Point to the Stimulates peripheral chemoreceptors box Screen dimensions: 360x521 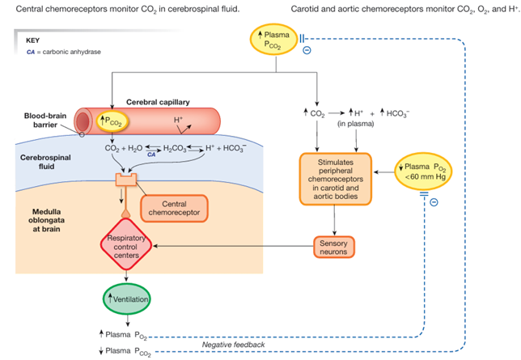(335, 176)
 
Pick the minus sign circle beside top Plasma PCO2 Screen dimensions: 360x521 (307, 51)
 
